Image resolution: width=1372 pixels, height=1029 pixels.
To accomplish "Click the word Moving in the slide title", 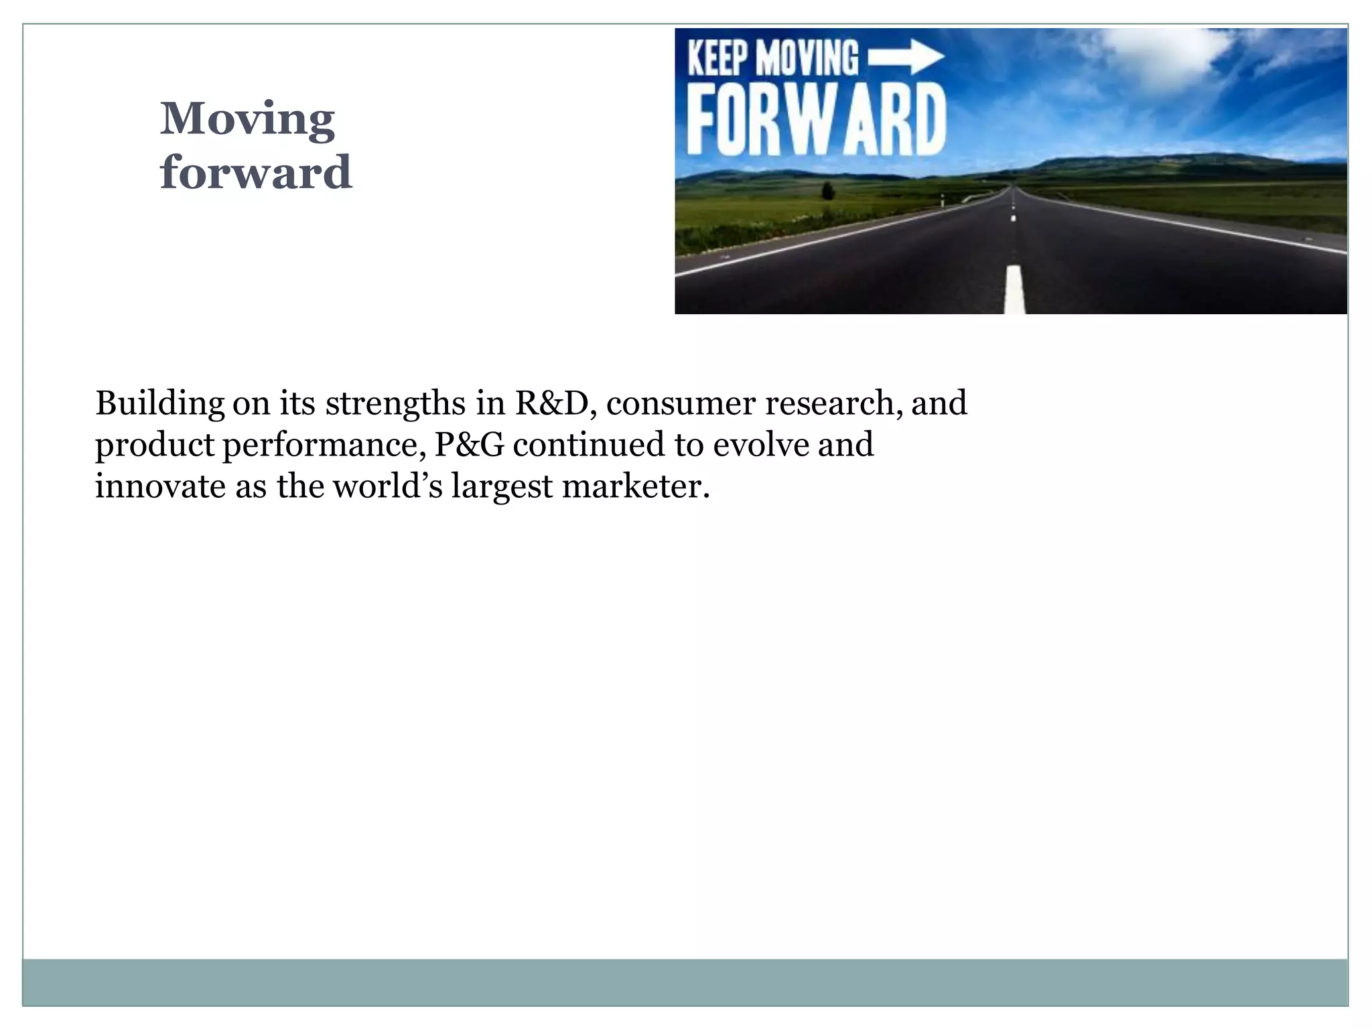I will pos(247,119).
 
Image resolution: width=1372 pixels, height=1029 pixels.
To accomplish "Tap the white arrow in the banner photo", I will pos(906,57).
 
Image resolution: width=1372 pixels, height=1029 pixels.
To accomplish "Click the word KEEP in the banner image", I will pos(717,58).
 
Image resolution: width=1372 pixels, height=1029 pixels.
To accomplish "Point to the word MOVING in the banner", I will pos(807,58).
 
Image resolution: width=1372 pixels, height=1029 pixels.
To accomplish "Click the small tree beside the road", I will pos(828,191).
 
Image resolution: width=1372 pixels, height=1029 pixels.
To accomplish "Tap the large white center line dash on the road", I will pos(1015,289).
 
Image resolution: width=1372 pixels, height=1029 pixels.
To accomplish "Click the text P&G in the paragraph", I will pos(469,445).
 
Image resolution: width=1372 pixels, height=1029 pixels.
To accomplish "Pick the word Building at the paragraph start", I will pos(159,403).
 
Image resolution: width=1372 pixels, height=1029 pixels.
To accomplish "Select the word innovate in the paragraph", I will pos(160,486).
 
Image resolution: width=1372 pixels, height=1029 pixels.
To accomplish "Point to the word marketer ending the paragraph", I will pos(635,486).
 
